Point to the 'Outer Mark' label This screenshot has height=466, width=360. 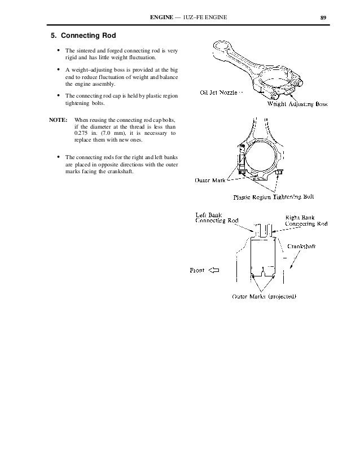pyautogui.click(x=210, y=181)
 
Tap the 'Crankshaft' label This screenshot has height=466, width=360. pyautogui.click(x=305, y=246)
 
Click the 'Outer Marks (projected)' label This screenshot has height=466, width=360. pyautogui.click(x=265, y=297)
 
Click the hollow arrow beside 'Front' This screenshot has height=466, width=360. pyautogui.click(x=214, y=270)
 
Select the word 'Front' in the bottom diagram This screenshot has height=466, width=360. pyautogui.click(x=197, y=270)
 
